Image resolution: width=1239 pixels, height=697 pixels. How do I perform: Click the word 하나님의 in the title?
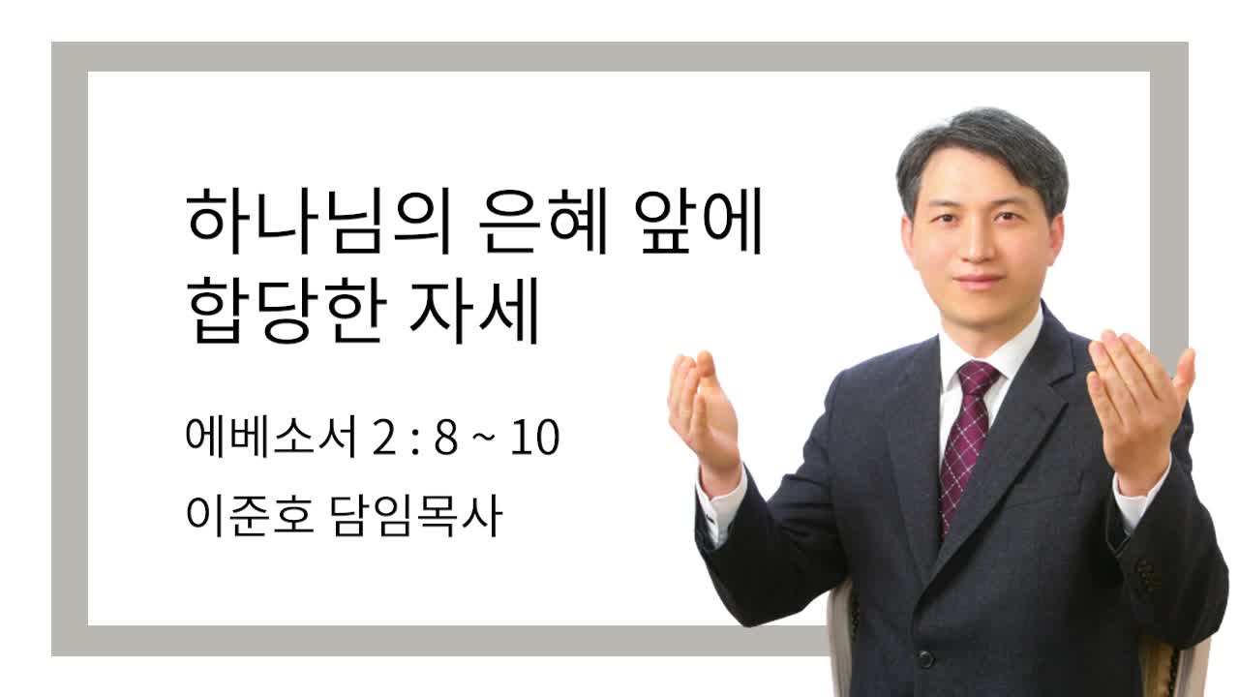(x=319, y=221)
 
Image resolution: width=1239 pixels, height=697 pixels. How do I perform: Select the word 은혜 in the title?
(x=544, y=221)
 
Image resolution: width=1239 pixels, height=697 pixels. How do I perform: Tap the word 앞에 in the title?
(x=699, y=221)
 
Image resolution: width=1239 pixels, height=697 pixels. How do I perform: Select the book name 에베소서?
(x=271, y=437)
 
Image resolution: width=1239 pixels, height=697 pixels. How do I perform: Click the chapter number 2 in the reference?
(x=385, y=438)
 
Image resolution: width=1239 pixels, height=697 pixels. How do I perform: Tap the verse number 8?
(x=446, y=438)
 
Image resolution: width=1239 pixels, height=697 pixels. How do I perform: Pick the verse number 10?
(x=535, y=438)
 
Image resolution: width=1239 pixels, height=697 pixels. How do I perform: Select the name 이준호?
(x=250, y=516)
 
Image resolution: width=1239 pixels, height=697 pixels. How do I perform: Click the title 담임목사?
(x=417, y=516)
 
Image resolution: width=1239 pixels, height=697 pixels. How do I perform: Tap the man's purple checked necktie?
(x=967, y=442)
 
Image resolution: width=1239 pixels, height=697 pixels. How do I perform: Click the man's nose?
(x=978, y=243)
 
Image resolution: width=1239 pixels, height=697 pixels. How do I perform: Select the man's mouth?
(x=978, y=281)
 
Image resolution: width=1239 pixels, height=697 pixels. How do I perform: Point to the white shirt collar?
(x=990, y=343)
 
